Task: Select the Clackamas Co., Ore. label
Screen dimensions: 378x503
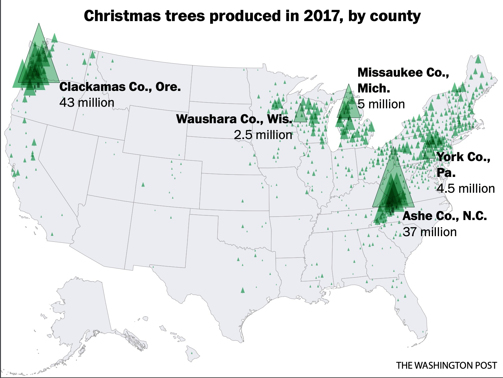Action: pos(120,87)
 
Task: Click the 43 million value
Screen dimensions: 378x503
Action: pos(87,103)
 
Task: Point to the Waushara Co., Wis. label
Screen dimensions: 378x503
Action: pos(234,119)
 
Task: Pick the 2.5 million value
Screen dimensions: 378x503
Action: pos(263,135)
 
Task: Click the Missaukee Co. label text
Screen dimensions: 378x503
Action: pos(403,73)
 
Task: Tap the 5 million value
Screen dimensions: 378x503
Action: pos(381,104)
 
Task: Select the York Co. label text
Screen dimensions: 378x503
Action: pos(463,157)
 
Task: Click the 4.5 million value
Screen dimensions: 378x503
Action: pos(466,189)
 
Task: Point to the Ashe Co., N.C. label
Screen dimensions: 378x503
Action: pos(445,216)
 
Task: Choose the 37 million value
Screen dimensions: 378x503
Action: pos(430,232)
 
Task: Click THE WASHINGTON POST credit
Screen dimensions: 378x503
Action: pos(446,365)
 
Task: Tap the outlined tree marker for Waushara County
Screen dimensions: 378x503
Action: pos(300,114)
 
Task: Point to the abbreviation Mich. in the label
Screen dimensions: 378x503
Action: pos(374,89)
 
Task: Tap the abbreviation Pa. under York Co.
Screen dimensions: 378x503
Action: pos(446,173)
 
